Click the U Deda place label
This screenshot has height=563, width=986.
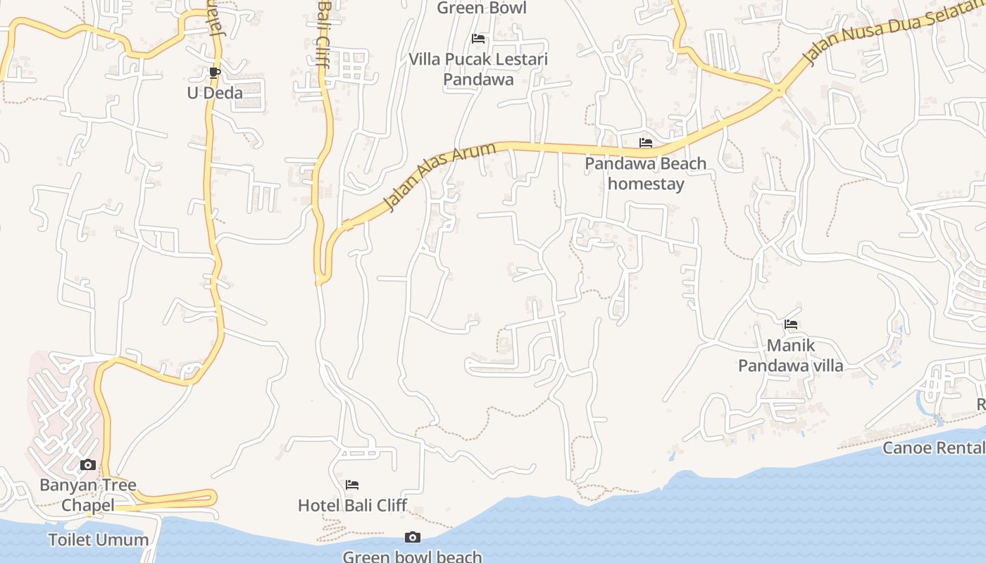coord(215,93)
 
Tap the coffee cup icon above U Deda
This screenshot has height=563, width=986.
coord(215,72)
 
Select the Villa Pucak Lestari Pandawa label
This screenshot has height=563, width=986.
coord(478,69)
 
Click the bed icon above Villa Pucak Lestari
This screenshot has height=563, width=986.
coord(478,39)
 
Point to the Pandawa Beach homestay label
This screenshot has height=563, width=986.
coord(646,174)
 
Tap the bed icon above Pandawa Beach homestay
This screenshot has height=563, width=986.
coord(646,143)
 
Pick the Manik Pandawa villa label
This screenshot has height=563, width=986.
coord(790,355)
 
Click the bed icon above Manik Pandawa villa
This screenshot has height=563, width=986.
coord(791,324)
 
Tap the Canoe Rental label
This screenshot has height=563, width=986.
coord(933,448)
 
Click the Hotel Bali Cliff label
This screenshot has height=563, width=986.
coord(352,505)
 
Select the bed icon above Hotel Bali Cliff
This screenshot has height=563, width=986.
coord(352,484)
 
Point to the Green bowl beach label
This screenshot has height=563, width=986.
coord(412,557)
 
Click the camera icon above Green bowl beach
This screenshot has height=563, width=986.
coord(413,538)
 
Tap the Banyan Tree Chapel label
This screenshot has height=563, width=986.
coord(87,495)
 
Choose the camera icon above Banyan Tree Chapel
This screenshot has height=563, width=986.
coord(88,464)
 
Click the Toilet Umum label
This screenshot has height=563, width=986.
coord(99,540)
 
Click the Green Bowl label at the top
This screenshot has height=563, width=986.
coord(481,8)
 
